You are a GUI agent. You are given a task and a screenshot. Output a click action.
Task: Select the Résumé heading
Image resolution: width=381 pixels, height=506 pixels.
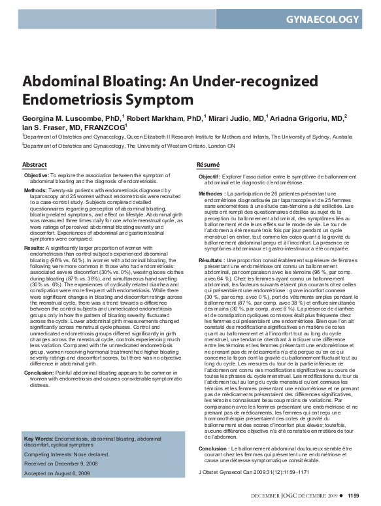pos(208,164)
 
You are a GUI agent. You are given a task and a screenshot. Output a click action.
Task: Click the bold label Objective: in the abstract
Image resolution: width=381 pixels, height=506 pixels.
pos(37,177)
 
